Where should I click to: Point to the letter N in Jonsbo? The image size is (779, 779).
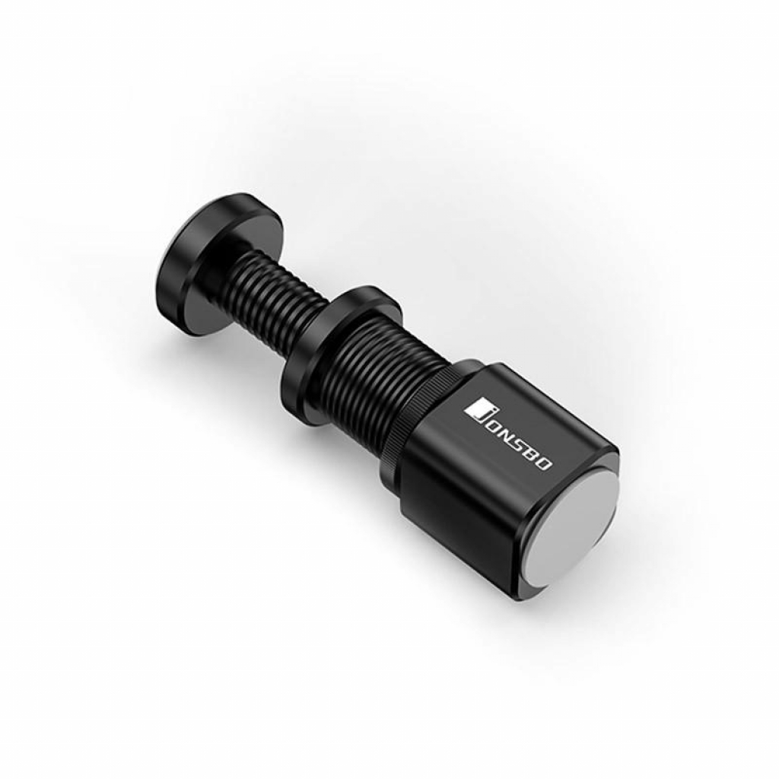(505, 434)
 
